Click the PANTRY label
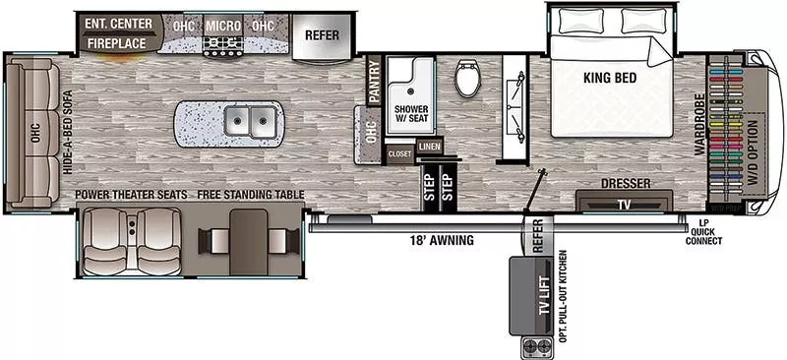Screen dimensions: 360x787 (x=374, y=84)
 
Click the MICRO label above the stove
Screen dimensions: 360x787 (x=223, y=24)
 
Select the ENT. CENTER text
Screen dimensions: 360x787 (x=116, y=23)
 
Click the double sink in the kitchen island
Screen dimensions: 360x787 (x=247, y=122)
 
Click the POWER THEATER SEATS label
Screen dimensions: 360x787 (x=131, y=195)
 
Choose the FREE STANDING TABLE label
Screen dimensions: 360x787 (x=250, y=195)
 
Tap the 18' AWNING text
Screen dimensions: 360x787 (x=442, y=239)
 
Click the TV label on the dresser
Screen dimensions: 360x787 (x=624, y=204)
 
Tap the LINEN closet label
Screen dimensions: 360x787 (x=429, y=147)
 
